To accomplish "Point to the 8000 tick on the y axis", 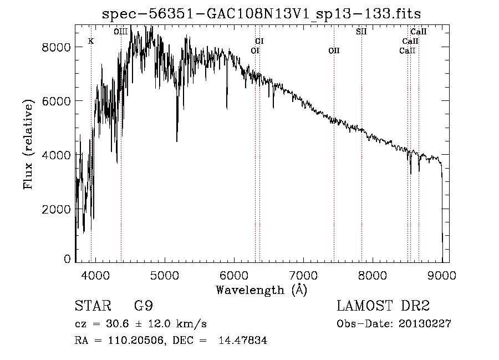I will click(57, 47).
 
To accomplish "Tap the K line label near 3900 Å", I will click(91, 41).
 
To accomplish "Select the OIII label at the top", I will click(120, 32).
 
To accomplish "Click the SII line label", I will click(361, 32).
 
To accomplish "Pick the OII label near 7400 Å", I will click(334, 51).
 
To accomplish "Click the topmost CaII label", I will click(418, 32).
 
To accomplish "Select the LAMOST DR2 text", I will click(383, 307).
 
